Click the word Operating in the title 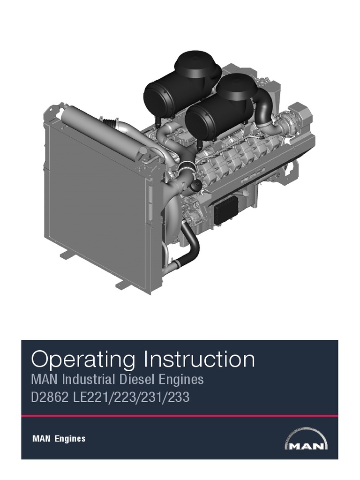(x=83, y=360)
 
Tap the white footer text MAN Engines (x=59, y=439)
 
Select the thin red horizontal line (x=180, y=416)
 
